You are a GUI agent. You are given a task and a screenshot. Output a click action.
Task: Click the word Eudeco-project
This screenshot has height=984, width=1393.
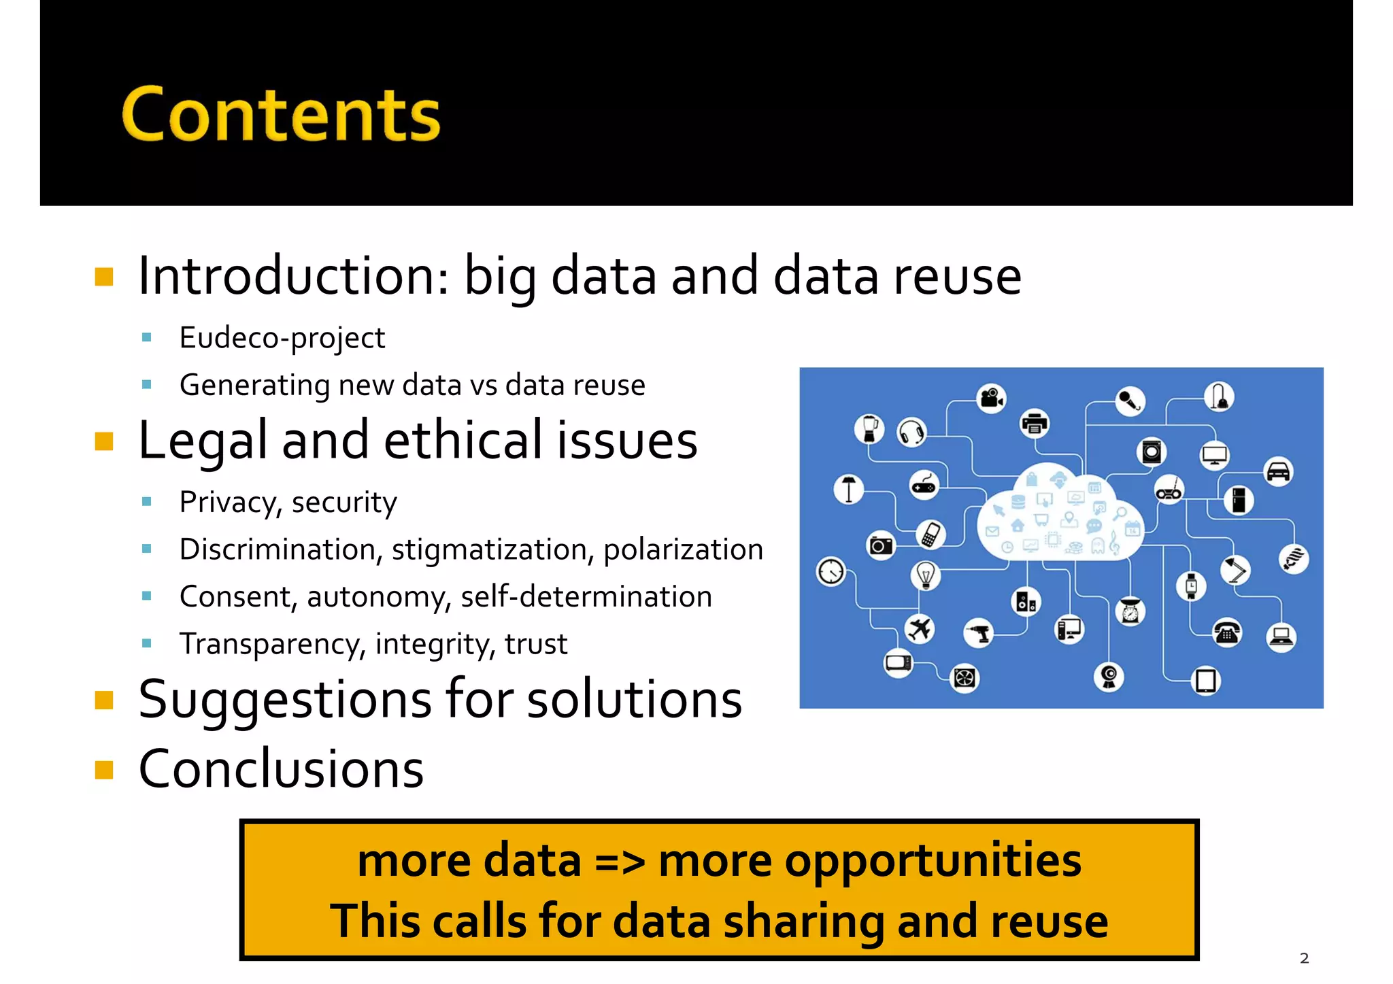282,338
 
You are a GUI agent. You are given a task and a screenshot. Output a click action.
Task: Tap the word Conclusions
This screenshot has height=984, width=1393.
281,768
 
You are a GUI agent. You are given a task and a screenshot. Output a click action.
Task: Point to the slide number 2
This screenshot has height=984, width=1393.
1304,958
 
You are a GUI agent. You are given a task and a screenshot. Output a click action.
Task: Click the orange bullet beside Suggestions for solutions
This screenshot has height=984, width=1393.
104,700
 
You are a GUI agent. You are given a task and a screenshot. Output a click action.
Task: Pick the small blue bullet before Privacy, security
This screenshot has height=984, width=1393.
147,502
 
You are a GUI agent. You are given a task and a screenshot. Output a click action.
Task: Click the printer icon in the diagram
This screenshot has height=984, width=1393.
1035,424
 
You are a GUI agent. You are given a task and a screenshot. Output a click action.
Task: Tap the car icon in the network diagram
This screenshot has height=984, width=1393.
1278,471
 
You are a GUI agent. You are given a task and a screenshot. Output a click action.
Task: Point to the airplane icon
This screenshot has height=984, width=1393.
920,628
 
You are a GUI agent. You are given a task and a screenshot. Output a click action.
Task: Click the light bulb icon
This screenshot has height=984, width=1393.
925,575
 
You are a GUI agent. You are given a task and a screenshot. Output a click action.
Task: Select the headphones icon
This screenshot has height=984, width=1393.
911,432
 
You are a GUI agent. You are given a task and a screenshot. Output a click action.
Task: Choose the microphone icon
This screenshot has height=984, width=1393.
1130,401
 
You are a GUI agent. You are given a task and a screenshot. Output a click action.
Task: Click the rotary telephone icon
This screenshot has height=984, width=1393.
1227,633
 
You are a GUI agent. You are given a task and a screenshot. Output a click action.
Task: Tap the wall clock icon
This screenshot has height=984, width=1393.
831,571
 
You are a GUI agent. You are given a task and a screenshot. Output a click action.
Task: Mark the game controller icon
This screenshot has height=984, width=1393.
924,486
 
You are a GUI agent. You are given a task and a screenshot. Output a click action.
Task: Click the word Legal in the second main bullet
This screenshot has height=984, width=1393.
203,441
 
